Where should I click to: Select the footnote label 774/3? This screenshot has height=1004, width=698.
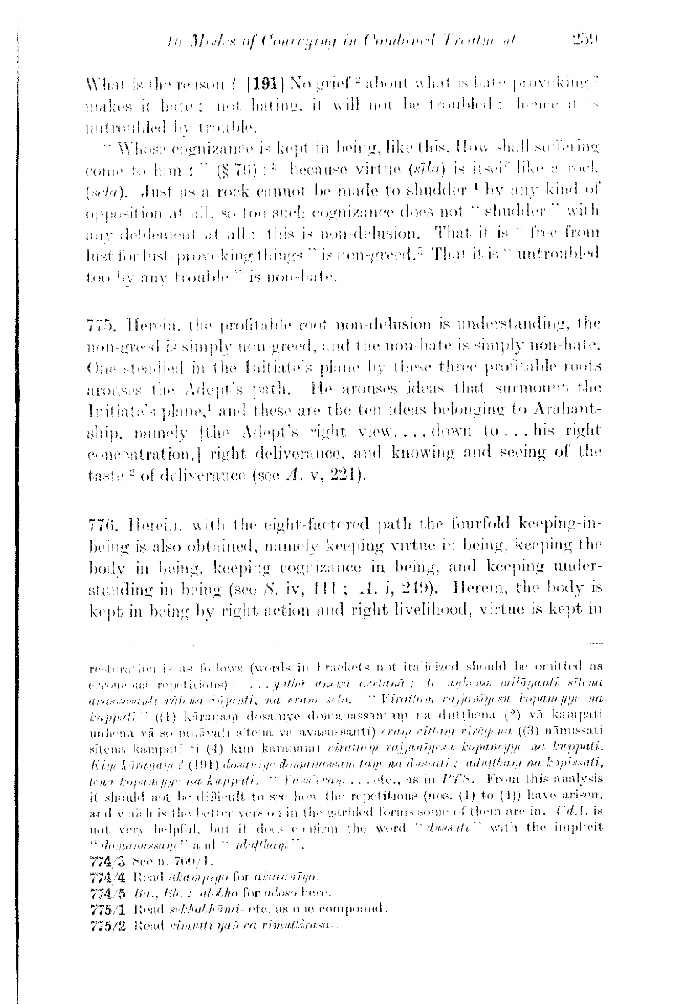pyautogui.click(x=101, y=862)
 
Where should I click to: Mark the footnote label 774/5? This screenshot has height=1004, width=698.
pyautogui.click(x=101, y=892)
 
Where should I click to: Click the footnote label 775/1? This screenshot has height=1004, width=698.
pyautogui.click(x=101, y=907)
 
